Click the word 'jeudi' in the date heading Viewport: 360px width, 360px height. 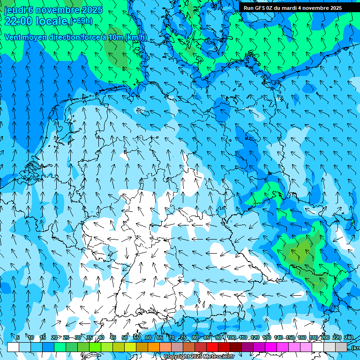coord(15,10)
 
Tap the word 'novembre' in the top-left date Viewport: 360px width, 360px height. coord(57,10)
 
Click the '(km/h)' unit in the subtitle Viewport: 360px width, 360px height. coord(136,37)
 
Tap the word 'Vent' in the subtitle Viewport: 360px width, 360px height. coord(13,37)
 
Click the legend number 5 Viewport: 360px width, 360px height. coord(17,337)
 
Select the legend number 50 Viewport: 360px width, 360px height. coord(124,337)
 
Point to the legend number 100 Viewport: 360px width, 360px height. coord(231,337)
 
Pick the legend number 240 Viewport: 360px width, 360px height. coord(349,337)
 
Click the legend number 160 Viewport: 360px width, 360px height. coord(302,337)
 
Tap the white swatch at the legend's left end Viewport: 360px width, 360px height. coord(13,347)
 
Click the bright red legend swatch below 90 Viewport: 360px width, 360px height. coord(212,347)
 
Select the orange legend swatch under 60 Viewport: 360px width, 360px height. coord(154,347)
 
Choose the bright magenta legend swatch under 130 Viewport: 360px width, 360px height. coord(271,347)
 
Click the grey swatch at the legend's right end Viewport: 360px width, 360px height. coord(341,347)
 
